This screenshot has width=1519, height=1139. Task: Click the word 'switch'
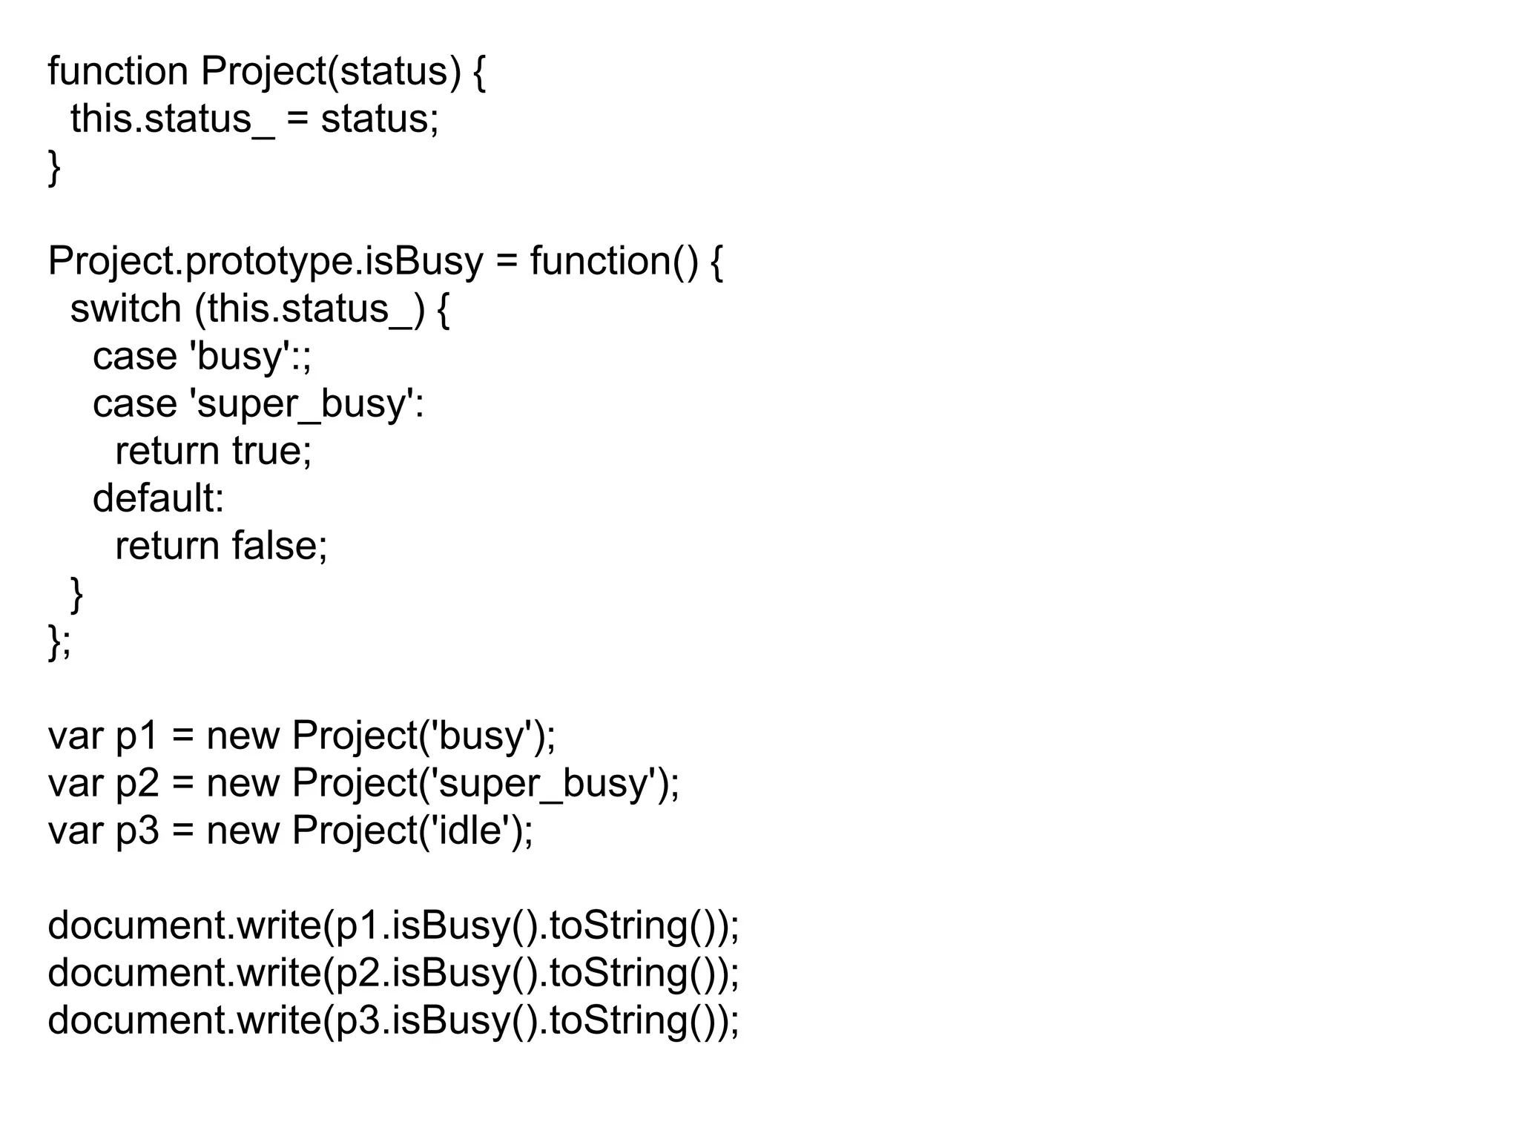click(x=125, y=308)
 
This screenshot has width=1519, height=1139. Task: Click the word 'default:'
click(x=158, y=498)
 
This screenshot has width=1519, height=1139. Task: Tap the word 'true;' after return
click(x=271, y=451)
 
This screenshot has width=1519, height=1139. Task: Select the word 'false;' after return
click(x=279, y=546)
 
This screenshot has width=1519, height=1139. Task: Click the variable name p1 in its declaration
click(x=137, y=736)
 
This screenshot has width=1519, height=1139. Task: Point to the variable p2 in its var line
click(x=137, y=784)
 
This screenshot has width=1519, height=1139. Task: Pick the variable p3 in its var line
click(x=137, y=831)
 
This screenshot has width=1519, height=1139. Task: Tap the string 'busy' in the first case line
click(x=239, y=357)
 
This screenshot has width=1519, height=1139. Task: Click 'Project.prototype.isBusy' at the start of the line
click(x=265, y=262)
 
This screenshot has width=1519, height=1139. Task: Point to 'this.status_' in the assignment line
click(x=172, y=119)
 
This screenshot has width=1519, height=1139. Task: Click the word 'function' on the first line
click(x=118, y=71)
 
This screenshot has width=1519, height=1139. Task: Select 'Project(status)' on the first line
click(x=331, y=72)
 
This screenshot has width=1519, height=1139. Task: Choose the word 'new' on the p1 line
click(x=243, y=736)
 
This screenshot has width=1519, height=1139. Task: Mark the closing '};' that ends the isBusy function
click(x=59, y=641)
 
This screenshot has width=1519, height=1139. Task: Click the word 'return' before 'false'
click(x=167, y=546)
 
